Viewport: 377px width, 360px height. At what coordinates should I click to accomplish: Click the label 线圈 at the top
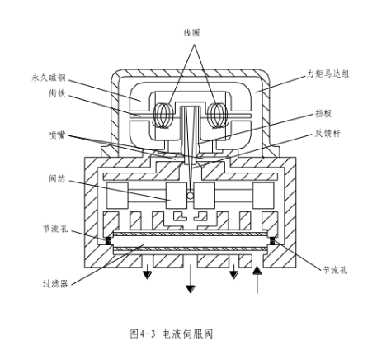point(191,33)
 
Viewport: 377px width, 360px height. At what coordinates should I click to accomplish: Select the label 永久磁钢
point(49,78)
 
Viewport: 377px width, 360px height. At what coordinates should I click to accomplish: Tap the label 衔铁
point(57,93)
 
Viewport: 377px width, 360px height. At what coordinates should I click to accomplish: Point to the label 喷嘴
point(57,135)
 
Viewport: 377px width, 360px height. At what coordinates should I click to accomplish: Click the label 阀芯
point(57,178)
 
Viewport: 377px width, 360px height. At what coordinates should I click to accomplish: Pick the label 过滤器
point(55,283)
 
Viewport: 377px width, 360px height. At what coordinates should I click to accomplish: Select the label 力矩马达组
point(328,73)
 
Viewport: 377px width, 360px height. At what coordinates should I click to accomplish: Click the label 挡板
point(323,113)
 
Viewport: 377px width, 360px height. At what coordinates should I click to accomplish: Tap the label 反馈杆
point(328,134)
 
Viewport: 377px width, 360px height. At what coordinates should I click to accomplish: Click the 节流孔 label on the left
point(55,229)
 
